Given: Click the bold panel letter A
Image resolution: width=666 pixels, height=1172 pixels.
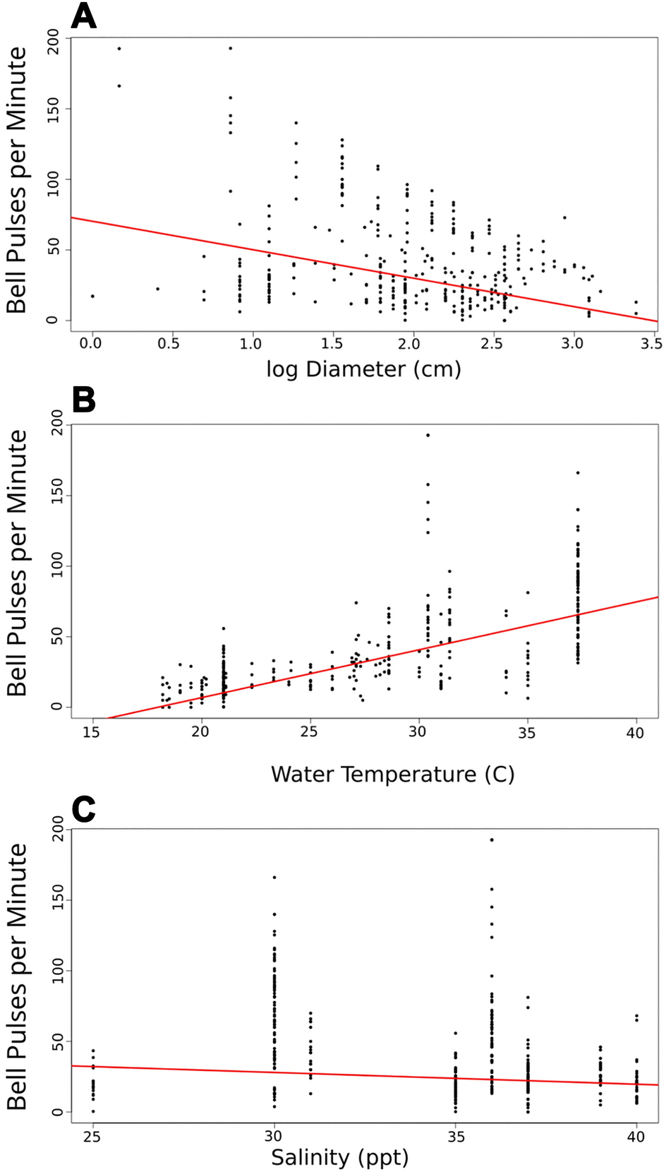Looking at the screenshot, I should (84, 16).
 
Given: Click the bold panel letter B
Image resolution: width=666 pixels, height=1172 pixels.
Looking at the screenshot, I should (84, 400).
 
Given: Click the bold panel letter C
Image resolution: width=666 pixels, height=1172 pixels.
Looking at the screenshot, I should (84, 810).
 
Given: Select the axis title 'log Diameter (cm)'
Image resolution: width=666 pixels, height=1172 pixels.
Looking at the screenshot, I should (363, 369).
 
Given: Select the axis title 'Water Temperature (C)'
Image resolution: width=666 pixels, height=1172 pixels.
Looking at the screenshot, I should (392, 775).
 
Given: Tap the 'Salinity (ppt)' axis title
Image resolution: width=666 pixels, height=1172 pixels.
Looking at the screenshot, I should (339, 1158).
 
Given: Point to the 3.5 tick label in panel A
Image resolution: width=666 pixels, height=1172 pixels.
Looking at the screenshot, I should (652, 344).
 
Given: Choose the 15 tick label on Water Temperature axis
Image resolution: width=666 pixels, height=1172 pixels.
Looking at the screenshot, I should (92, 732).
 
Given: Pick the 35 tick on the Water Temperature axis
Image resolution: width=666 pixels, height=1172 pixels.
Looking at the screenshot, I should (527, 732).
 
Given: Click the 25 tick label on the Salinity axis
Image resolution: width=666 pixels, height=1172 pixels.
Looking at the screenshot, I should (92, 1136).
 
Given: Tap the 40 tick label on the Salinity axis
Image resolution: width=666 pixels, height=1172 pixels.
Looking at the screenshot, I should (636, 1136).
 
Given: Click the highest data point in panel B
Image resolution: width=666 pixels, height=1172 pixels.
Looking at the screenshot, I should (428, 435).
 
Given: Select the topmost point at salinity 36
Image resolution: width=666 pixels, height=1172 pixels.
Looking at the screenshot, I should (492, 839).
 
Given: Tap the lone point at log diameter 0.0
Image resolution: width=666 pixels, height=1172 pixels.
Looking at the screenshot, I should (92, 296).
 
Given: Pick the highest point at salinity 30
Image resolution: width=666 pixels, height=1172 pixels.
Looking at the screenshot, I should (274, 877).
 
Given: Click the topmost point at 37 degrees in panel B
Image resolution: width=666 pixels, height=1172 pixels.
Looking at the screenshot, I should (578, 472).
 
